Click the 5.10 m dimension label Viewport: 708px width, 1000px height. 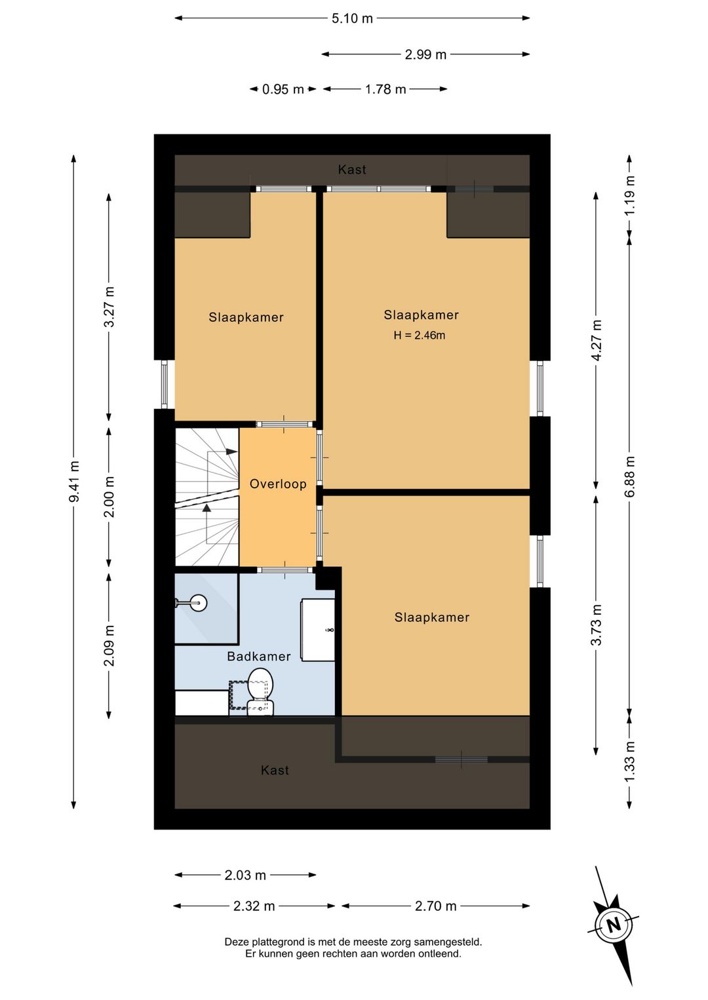(352, 19)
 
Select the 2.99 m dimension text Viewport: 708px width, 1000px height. (425, 55)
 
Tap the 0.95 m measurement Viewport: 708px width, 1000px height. (283, 90)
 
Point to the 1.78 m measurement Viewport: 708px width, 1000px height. (385, 90)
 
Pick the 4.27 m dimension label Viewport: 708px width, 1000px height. (597, 339)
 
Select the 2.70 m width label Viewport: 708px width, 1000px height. (435, 906)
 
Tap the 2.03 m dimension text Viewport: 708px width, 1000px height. (245, 875)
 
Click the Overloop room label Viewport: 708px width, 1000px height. (278, 484)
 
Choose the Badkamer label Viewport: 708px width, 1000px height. (259, 656)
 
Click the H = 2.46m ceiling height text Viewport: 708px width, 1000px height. (419, 336)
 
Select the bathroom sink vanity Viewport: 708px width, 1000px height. (317, 630)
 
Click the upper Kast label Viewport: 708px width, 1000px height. (352, 170)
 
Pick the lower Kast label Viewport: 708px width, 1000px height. (275, 771)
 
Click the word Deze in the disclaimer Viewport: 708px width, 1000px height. (237, 942)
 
